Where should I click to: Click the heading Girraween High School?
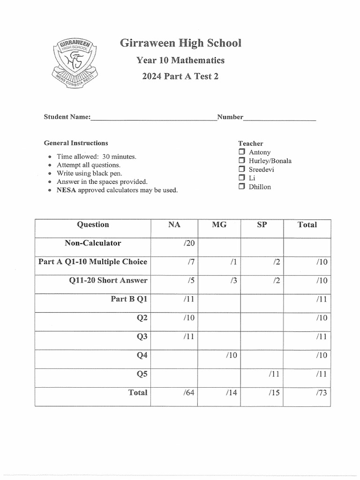(180, 43)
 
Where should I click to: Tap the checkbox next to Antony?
(241, 152)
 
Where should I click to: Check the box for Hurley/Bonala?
(241, 161)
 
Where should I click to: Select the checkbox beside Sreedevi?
(241, 169)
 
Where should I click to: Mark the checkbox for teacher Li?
(241, 178)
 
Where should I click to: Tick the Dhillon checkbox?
(241, 187)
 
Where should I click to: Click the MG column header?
(219, 225)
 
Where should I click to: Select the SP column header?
(262, 225)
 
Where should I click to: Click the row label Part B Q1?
(128, 299)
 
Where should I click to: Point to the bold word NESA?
(66, 190)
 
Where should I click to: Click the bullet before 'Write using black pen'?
(50, 173)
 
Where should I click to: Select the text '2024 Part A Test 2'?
(180, 76)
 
